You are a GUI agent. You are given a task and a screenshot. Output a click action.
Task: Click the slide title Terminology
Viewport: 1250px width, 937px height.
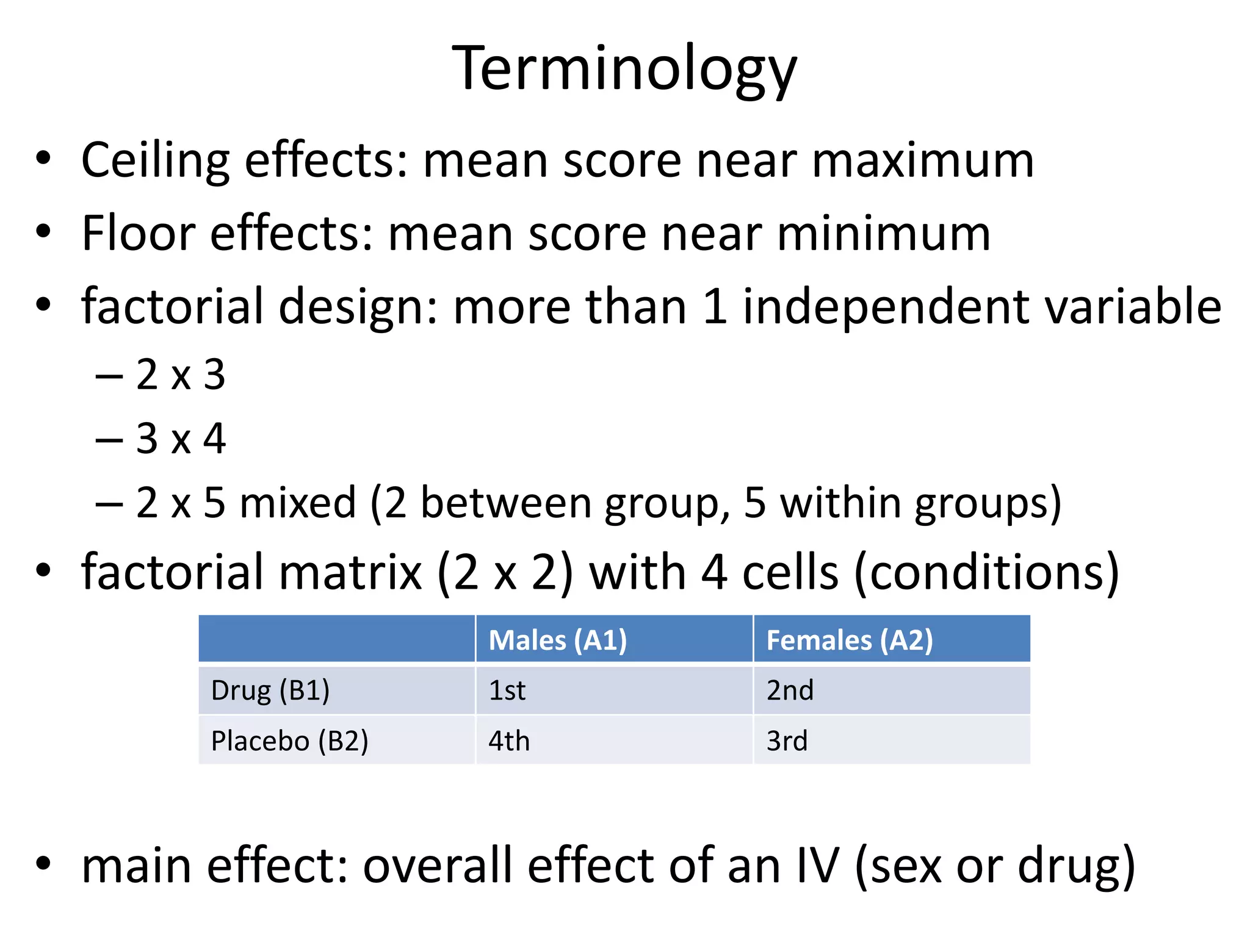(x=624, y=69)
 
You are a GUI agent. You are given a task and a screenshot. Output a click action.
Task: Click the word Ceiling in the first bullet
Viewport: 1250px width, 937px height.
(x=155, y=160)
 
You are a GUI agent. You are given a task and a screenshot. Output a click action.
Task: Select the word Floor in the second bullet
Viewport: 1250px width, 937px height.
(x=138, y=234)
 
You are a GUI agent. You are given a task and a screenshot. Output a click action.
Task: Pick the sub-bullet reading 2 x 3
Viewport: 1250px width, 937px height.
(x=180, y=375)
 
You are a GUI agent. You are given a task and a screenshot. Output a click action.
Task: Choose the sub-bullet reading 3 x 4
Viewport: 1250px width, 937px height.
(x=180, y=439)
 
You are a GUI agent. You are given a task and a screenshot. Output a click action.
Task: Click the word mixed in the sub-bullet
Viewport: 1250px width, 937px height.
(x=298, y=503)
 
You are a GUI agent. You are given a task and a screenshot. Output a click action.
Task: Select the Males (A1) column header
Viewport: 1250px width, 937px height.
(x=557, y=640)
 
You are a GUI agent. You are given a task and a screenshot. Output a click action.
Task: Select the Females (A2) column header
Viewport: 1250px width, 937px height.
(x=849, y=640)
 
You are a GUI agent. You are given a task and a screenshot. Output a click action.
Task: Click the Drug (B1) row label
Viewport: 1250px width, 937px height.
(x=270, y=691)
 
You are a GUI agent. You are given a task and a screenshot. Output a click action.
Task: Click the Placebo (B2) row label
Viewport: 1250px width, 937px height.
(x=289, y=741)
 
